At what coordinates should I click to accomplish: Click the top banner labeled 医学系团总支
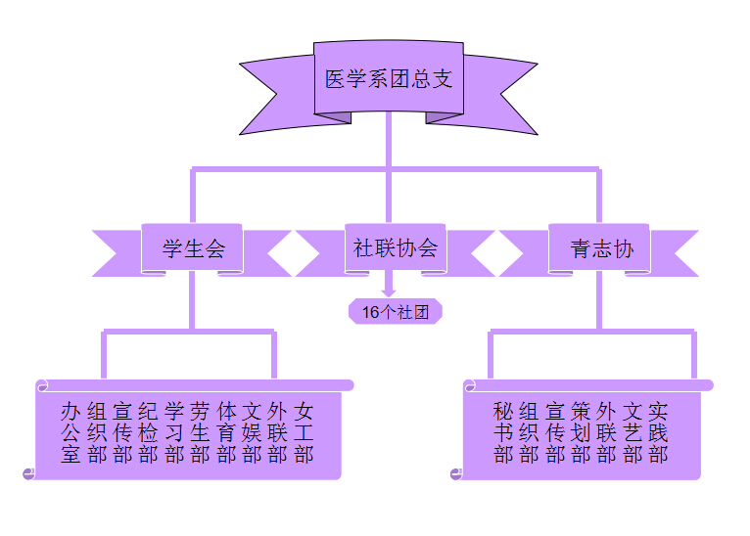point(389,79)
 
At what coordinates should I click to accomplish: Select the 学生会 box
point(193,249)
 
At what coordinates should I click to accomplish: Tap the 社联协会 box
point(395,248)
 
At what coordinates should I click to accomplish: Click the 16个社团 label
point(396,312)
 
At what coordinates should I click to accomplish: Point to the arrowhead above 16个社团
point(389,290)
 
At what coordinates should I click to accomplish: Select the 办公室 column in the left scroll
point(70,432)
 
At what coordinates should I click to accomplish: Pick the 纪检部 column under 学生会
point(148,432)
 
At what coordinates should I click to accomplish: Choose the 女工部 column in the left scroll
point(304,432)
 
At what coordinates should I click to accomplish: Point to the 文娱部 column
point(252,432)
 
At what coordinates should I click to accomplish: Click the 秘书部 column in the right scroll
point(503,432)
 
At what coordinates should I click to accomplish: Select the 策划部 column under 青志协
point(581,432)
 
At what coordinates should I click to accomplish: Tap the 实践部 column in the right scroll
point(658,432)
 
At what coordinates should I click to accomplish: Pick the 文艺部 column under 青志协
point(633,432)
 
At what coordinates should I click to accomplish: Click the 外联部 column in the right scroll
point(607,432)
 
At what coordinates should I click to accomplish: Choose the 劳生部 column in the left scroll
point(200,432)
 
